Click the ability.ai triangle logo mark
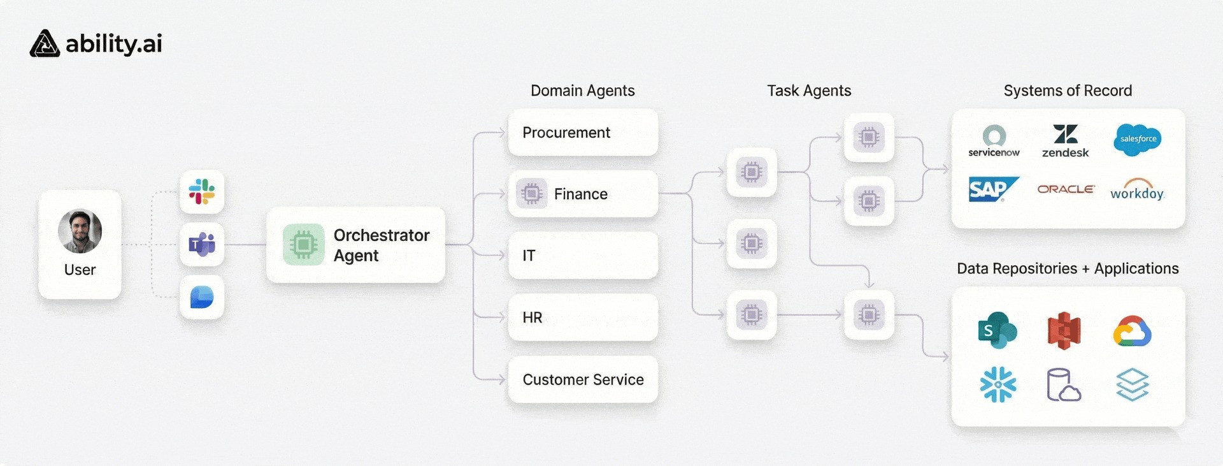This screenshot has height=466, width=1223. [x=45, y=43]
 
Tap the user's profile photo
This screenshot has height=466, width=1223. [x=80, y=231]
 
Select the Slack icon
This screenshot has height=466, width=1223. [x=202, y=191]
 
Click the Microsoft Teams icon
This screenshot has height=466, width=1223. [x=202, y=244]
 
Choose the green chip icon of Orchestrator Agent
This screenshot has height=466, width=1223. [x=304, y=244]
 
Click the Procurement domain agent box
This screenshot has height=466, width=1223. [x=583, y=133]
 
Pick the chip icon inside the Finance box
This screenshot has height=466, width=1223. [x=531, y=193]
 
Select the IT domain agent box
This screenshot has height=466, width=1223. [x=583, y=255]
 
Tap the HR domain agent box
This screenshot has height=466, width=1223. [x=583, y=317]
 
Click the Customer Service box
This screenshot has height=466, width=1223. [x=583, y=379]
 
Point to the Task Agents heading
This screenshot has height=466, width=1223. [x=809, y=91]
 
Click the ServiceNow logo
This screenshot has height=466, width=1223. [x=994, y=141]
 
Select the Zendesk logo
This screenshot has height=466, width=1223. [x=1066, y=141]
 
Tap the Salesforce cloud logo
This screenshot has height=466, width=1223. [x=1138, y=140]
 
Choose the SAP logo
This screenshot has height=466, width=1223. [x=993, y=189]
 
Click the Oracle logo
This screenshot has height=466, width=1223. [x=1066, y=189]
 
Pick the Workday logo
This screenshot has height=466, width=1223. [x=1137, y=190]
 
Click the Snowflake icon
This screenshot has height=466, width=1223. [x=998, y=384]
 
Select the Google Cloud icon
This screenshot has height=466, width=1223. [x=1133, y=331]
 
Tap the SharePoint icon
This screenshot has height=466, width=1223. [x=997, y=330]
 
